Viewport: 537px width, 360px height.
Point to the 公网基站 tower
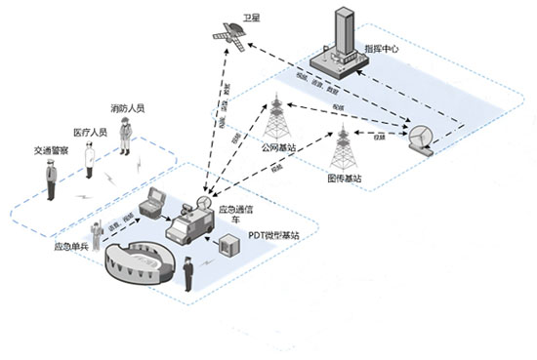click(276, 118)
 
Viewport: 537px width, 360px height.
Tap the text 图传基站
click(346, 180)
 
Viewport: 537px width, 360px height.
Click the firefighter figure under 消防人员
click(125, 137)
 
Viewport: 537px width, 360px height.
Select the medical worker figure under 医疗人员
click(89, 158)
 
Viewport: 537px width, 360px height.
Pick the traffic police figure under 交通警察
click(49, 180)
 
